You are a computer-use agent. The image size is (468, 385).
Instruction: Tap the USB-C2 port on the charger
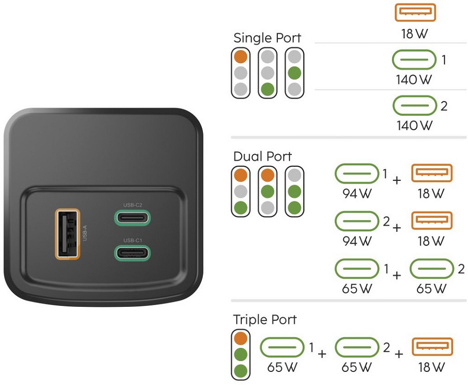pos(133,218)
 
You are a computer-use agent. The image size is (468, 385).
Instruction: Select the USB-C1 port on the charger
pos(133,252)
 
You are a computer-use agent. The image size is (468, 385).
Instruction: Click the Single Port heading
pos(267,38)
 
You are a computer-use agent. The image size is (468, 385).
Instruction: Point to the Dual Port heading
pos(262,156)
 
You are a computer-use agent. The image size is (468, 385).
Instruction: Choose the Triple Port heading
pos(265,320)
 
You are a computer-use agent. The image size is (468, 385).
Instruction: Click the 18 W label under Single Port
pos(415,34)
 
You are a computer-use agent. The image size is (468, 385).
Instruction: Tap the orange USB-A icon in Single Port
pos(415,13)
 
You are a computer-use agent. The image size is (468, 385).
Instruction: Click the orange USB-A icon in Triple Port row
pos(432,347)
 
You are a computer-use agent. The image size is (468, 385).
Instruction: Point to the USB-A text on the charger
pos(85,233)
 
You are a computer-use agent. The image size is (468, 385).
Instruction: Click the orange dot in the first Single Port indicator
pos(241,57)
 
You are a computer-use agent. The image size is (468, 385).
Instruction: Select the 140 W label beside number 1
pos(413,80)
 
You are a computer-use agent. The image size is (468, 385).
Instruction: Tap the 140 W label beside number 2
pos(413,126)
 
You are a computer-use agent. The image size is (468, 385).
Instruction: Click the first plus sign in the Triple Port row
pos(322,354)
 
